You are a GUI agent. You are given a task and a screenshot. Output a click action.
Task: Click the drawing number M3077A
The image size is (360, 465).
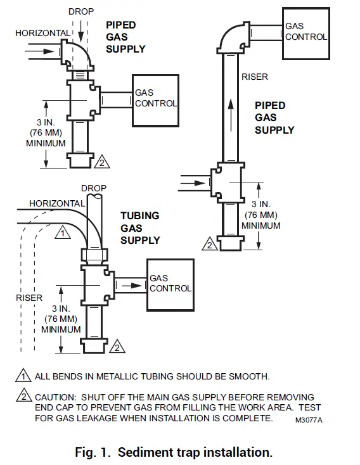tap(309, 420)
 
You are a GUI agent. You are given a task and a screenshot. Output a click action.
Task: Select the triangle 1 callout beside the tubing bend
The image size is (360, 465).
tap(62, 232)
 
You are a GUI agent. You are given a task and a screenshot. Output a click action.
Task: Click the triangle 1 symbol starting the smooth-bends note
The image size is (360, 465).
tap(23, 376)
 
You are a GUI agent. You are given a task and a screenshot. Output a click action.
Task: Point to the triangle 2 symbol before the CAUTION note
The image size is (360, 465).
tap(23, 397)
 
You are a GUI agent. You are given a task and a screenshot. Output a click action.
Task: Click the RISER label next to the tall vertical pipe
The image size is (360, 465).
tap(255, 77)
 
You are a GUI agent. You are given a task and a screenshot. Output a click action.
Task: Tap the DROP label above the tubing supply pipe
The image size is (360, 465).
tap(94, 188)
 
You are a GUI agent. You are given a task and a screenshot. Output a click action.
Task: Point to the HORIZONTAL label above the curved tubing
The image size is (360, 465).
tap(57, 203)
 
